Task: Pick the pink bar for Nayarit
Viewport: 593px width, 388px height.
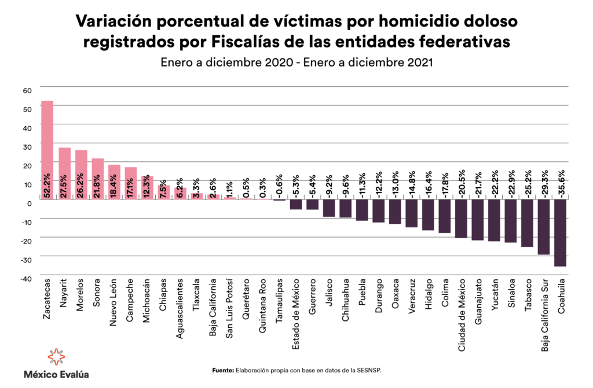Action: click(64, 173)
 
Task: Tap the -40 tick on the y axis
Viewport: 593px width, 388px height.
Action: click(27, 279)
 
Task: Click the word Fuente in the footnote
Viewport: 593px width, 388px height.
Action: click(222, 370)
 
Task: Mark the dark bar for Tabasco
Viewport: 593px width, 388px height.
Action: click(527, 224)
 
